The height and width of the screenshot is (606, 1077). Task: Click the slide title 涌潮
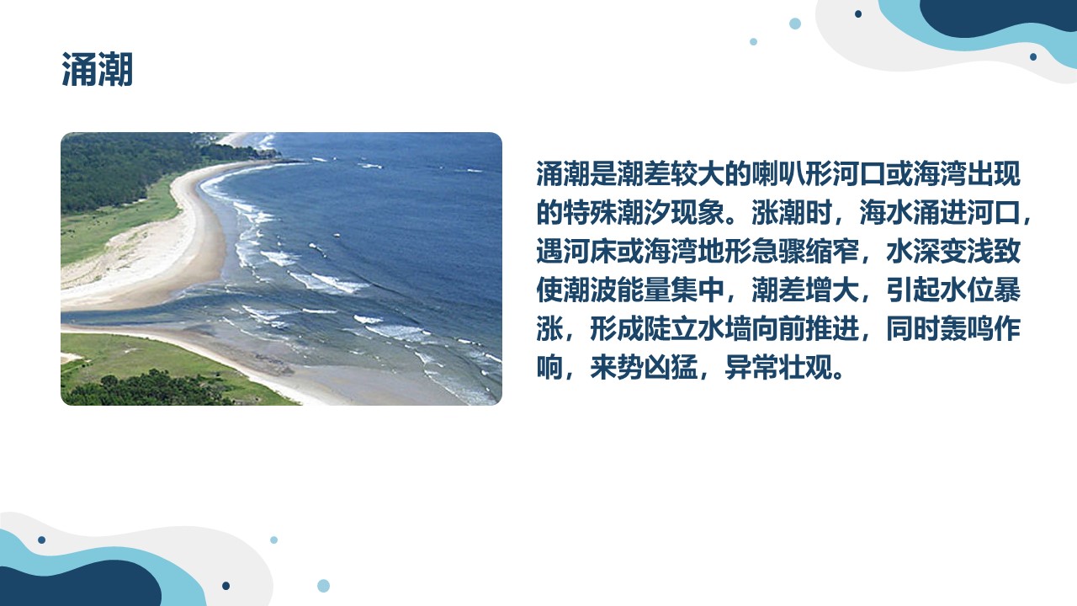97,70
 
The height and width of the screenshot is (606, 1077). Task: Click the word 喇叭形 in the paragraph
792,173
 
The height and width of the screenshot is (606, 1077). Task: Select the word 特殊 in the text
590,212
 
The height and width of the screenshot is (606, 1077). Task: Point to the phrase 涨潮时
792,212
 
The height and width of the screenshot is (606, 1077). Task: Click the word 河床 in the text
590,251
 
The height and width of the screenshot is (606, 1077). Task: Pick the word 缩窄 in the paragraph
832,251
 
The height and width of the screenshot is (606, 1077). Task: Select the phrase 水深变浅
940,251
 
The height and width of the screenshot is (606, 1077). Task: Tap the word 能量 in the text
644,290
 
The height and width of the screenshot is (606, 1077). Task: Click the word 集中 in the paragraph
698,290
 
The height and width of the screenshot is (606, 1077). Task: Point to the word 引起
913,290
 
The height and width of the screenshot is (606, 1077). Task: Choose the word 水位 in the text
967,290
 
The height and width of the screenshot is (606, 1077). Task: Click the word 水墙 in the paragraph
724,329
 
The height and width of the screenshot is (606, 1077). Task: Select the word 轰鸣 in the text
967,329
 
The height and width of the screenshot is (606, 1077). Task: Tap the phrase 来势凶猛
644,368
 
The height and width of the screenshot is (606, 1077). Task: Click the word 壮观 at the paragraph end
805,368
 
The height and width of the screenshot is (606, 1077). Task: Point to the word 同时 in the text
913,329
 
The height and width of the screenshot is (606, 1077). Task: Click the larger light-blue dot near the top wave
795,24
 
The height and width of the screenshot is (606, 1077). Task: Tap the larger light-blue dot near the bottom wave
324,586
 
